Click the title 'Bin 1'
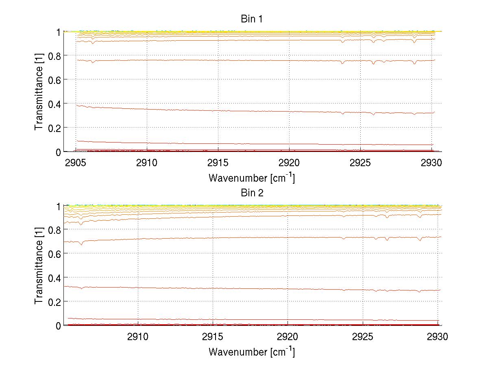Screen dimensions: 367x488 point(252,19)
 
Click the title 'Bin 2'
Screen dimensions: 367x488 point(252,193)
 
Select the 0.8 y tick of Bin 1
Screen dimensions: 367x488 point(55,55)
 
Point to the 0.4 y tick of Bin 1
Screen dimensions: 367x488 point(55,103)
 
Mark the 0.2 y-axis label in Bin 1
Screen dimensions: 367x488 point(55,127)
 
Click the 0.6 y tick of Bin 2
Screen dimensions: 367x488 point(55,253)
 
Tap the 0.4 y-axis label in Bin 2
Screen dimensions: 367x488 point(55,277)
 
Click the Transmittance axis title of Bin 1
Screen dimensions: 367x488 point(39,91)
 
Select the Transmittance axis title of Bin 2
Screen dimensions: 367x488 point(39,265)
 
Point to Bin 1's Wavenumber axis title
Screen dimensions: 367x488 point(252,178)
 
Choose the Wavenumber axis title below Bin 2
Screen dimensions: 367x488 point(252,352)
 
